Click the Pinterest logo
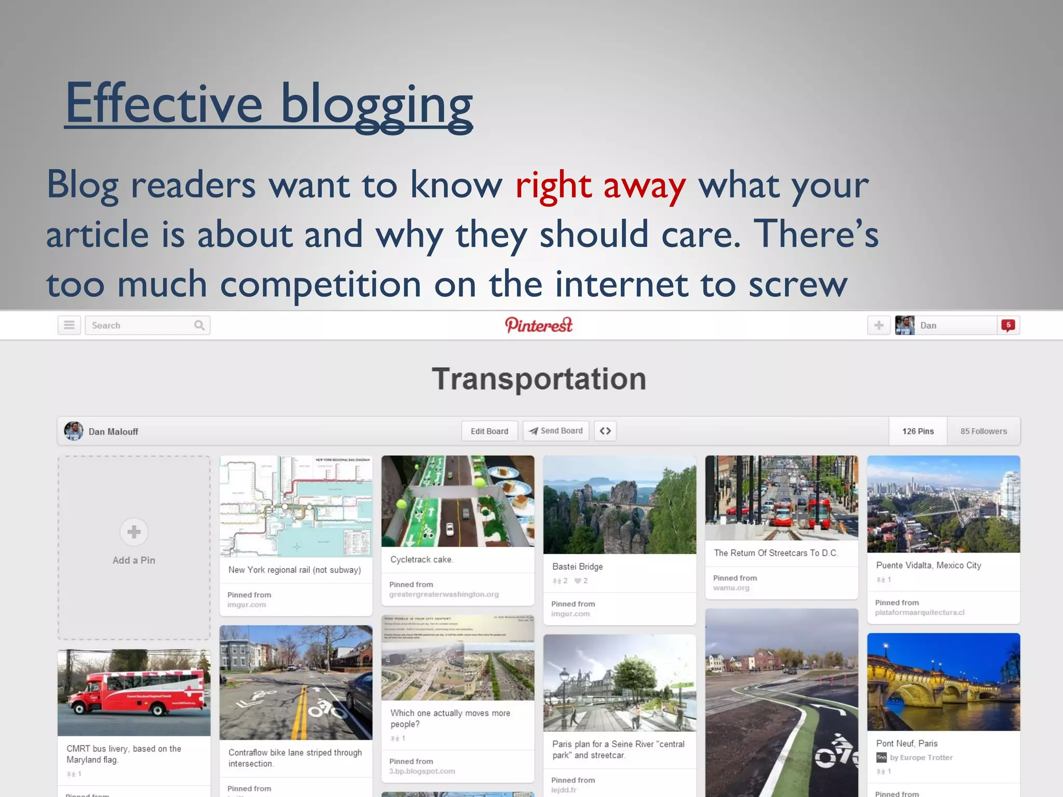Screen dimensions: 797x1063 coord(538,325)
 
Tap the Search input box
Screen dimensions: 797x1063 coord(140,325)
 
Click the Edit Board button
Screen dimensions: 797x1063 coord(489,431)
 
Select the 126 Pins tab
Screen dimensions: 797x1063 coord(918,431)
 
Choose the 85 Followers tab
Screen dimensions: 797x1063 coord(983,431)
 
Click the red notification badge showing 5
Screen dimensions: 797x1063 coord(1008,325)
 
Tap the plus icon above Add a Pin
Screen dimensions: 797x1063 coord(134,532)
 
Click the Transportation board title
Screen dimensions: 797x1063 coord(539,379)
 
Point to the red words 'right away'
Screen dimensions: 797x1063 coord(601,185)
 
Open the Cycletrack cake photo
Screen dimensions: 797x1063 coord(458,501)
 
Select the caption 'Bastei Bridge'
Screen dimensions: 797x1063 coord(577,567)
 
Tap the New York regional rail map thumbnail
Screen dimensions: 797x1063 coord(296,506)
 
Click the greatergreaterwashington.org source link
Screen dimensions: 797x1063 coord(444,594)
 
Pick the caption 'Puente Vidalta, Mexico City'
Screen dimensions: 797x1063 coord(929,565)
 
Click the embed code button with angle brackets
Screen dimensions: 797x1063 coord(605,431)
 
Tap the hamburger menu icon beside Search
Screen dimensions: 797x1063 coord(69,325)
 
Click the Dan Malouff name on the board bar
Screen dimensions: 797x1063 coord(113,432)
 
